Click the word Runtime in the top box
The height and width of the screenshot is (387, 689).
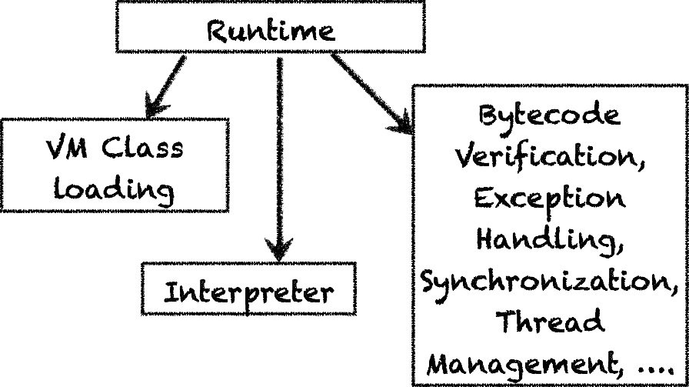[271, 30]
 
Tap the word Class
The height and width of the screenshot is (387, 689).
[146, 145]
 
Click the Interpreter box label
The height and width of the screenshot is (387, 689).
[249, 293]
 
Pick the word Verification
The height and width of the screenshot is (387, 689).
[549, 158]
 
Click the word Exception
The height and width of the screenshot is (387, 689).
[549, 199]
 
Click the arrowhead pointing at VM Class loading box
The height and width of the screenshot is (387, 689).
[154, 101]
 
